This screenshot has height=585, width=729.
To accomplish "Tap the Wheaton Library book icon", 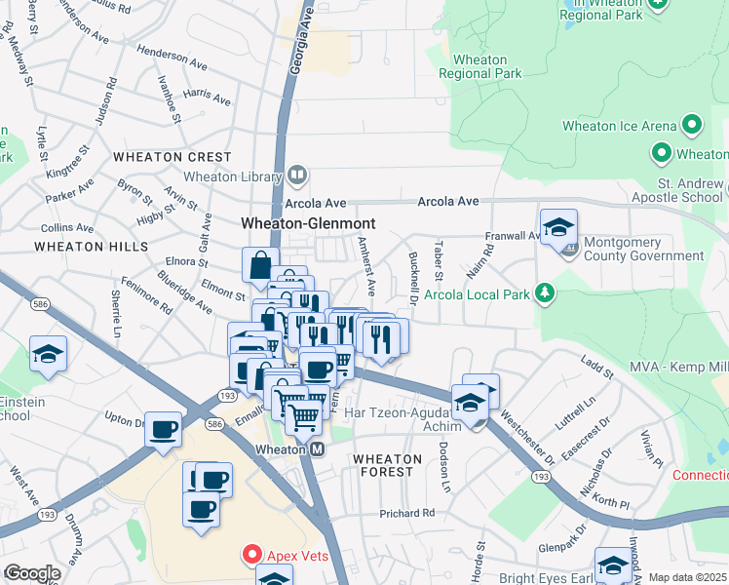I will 297,176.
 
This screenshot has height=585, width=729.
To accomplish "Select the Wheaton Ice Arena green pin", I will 693,125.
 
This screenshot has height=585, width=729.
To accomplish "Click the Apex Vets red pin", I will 251,556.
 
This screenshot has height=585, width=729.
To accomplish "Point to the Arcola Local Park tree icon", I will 548,292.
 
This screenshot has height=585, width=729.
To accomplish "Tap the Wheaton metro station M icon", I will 317,449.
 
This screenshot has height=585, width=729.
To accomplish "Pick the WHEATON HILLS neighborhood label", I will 91,247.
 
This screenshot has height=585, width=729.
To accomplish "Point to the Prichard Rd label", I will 406,514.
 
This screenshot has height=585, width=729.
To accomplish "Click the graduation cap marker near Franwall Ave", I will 558,226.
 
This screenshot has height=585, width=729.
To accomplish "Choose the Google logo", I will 32,573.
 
